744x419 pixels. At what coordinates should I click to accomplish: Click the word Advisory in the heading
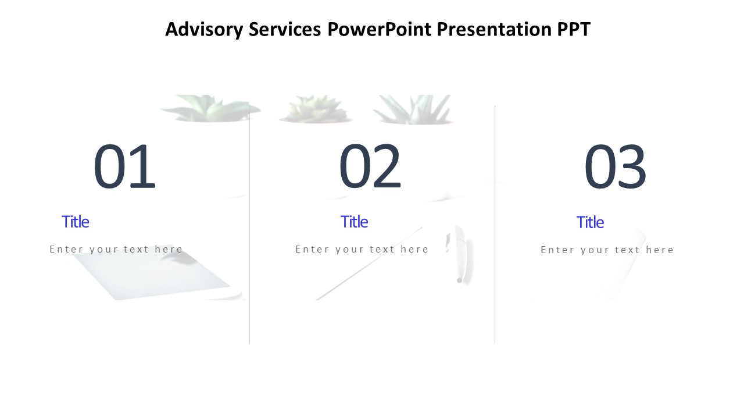[204, 30]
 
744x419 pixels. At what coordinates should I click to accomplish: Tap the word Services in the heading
[285, 29]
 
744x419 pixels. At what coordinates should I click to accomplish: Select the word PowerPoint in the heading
[379, 29]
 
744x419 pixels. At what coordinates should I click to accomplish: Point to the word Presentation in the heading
[494, 29]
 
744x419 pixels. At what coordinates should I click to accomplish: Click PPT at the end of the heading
[574, 29]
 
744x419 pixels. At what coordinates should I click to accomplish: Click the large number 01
[124, 166]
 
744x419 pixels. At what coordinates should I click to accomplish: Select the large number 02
[370, 166]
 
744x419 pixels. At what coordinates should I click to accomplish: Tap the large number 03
[615, 166]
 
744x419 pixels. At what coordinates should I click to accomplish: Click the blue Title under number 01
[76, 222]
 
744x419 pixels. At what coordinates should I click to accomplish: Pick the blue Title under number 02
[355, 222]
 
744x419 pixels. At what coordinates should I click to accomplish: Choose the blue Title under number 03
[590, 222]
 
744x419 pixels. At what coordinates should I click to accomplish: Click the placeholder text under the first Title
[116, 249]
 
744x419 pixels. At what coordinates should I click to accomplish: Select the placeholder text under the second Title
[362, 249]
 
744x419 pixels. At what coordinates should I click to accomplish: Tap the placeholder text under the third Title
[607, 250]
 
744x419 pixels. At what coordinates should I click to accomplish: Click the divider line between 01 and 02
[249, 225]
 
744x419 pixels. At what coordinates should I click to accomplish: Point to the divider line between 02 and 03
[495, 225]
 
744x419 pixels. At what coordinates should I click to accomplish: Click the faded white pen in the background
[460, 254]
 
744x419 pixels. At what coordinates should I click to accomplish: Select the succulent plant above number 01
[211, 108]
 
